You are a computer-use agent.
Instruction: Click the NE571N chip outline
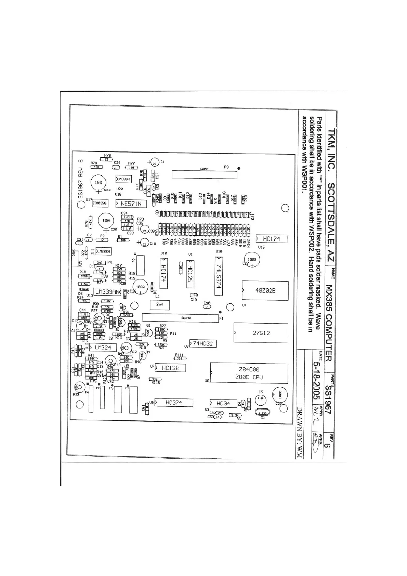[131, 204]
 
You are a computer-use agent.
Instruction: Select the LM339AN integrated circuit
[107, 292]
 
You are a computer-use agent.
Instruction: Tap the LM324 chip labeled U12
[103, 348]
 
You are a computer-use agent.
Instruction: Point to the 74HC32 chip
[203, 343]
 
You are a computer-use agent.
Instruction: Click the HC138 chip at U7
[170, 368]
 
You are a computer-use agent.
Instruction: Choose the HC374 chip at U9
[174, 403]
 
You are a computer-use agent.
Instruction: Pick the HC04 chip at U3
[223, 404]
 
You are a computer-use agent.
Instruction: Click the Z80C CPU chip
[249, 373]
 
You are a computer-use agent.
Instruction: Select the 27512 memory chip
[261, 333]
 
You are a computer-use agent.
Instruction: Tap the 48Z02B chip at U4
[265, 291]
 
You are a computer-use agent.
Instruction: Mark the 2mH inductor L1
[159, 304]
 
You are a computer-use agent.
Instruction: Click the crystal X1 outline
[263, 413]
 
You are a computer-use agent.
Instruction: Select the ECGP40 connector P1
[180, 318]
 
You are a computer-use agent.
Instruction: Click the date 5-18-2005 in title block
[316, 376]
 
